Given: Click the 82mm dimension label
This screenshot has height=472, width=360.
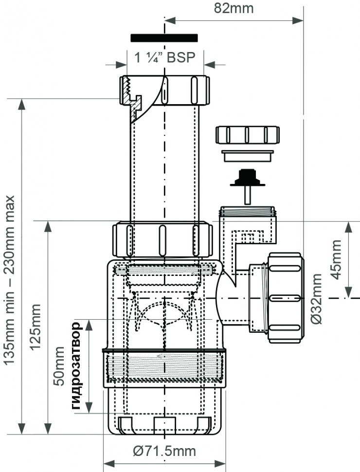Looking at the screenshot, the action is (x=234, y=8).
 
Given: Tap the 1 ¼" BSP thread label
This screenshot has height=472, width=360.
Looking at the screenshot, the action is (x=164, y=57).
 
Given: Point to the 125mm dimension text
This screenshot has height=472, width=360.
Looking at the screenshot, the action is (x=35, y=327).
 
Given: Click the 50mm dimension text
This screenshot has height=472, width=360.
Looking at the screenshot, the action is (x=59, y=366).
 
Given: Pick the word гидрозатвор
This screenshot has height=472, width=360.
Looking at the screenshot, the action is (x=76, y=366).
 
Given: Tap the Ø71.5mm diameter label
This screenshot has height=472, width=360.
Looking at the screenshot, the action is (x=164, y=451).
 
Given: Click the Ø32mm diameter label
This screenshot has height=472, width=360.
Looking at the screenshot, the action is (x=317, y=299).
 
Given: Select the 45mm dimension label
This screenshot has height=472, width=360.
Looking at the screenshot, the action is (x=336, y=260).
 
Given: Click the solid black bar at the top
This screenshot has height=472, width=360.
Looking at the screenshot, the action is (x=164, y=38).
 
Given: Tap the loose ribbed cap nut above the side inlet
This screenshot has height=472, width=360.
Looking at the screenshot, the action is (x=248, y=135).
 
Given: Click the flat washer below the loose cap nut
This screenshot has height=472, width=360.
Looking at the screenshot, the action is (x=248, y=156).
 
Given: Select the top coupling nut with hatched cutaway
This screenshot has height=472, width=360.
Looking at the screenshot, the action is (x=164, y=91).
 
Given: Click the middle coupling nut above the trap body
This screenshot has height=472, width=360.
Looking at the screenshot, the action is (x=162, y=240).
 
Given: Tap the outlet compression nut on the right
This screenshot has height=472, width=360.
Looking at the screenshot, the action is (x=286, y=298).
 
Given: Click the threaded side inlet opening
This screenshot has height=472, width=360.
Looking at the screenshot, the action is (x=247, y=211).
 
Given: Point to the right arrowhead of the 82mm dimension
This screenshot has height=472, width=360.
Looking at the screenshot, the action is (x=298, y=20).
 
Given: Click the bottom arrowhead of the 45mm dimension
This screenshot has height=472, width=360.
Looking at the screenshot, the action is (x=348, y=291).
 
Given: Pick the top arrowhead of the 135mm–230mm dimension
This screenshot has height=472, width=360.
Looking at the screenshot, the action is (x=22, y=105).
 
